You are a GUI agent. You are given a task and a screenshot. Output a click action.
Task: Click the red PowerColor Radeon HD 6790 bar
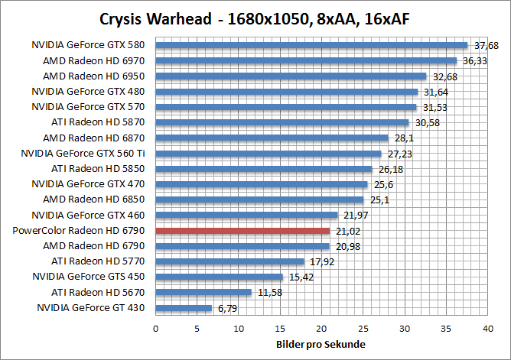click(x=242, y=230)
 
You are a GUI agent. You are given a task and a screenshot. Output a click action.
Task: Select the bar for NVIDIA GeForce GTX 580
click(x=311, y=44)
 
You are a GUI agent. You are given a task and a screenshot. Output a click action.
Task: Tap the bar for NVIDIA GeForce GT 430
click(x=184, y=308)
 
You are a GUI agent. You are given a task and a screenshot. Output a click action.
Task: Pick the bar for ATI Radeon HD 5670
click(x=203, y=292)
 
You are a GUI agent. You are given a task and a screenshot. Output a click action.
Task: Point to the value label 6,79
click(x=226, y=309)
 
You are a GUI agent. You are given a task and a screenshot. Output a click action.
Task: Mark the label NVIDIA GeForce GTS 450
click(x=88, y=277)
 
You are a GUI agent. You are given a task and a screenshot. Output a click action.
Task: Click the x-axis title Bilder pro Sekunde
click(x=321, y=344)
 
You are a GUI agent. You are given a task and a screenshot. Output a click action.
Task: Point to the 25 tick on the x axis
click(x=363, y=329)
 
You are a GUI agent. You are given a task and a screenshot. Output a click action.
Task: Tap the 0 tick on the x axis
click(x=156, y=329)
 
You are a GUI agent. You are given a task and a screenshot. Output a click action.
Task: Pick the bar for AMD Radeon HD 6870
click(x=272, y=138)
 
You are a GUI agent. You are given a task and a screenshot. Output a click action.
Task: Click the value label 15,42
click(x=301, y=277)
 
